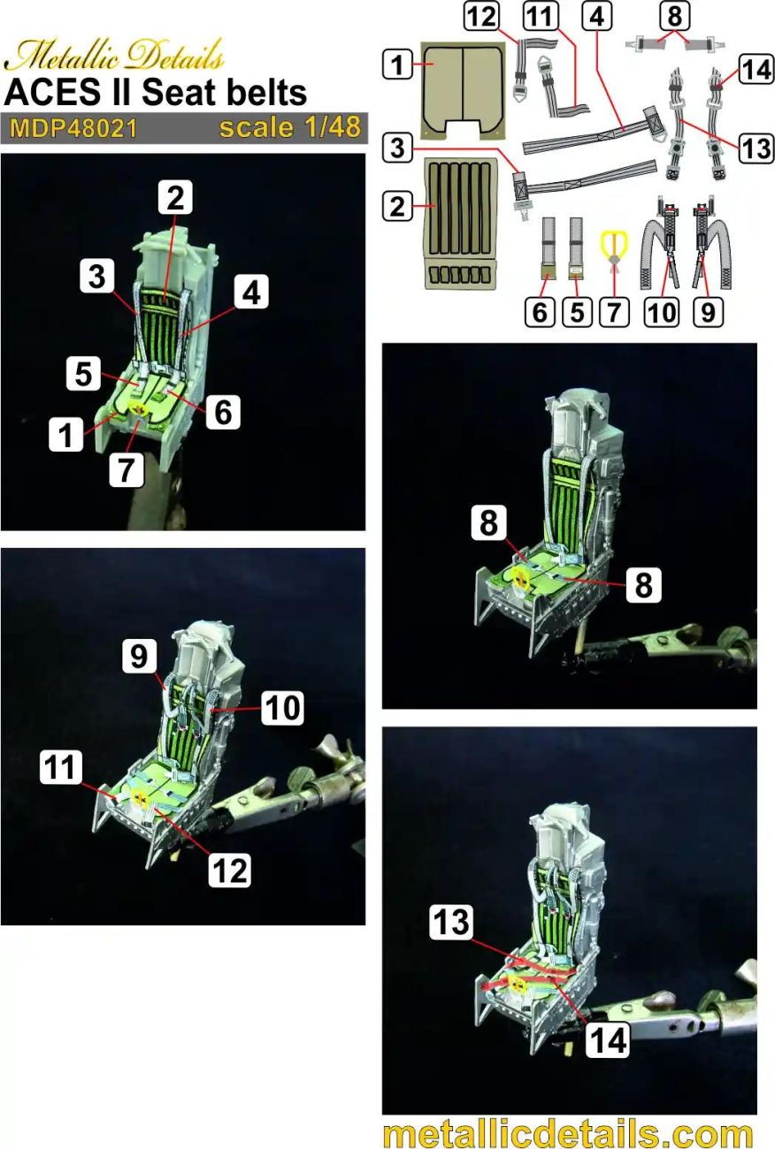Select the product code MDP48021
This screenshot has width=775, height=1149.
click(73, 129)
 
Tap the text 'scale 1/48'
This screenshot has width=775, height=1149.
click(290, 127)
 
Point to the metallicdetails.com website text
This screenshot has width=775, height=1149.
click(568, 1132)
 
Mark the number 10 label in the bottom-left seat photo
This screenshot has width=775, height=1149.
click(284, 707)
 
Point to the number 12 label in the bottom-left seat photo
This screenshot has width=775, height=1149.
click(230, 870)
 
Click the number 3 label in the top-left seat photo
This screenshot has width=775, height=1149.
click(96, 277)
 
